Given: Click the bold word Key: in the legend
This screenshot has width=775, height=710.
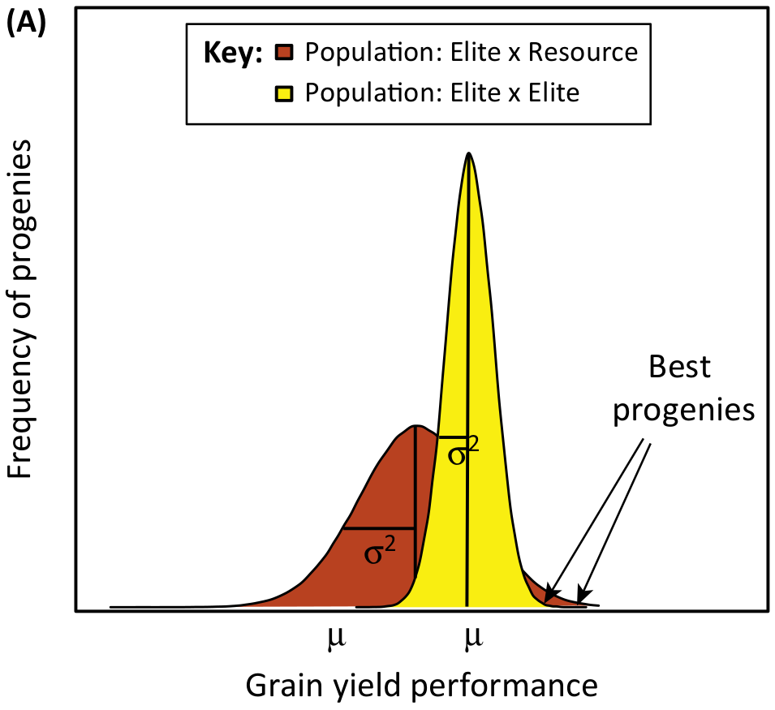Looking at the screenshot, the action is [x=233, y=53].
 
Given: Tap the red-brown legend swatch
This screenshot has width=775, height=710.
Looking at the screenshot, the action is [x=284, y=53].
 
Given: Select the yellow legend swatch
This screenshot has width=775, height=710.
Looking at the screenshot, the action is [x=284, y=93].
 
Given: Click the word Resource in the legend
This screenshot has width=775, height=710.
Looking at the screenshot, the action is [x=583, y=52].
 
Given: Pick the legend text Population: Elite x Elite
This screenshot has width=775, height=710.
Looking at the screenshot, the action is [x=441, y=93].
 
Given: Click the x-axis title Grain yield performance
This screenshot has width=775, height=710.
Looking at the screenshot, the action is [x=422, y=686].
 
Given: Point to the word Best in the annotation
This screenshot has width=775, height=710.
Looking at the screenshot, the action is [x=679, y=367].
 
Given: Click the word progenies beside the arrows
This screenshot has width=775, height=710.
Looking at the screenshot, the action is [x=684, y=411].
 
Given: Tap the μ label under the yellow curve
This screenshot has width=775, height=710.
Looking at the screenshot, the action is [x=473, y=638].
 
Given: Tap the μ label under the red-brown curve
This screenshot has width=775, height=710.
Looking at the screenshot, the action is [x=337, y=638].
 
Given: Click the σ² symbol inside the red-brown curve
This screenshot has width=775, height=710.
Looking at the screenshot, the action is [x=380, y=552].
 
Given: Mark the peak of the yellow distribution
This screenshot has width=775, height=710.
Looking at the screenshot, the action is [x=468, y=153].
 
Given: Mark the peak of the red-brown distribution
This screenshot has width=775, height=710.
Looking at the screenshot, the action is [x=415, y=425].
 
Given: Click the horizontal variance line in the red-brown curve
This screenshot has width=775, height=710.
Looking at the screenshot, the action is [x=379, y=528].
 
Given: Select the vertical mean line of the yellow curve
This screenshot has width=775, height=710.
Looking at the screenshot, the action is [x=467, y=381].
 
